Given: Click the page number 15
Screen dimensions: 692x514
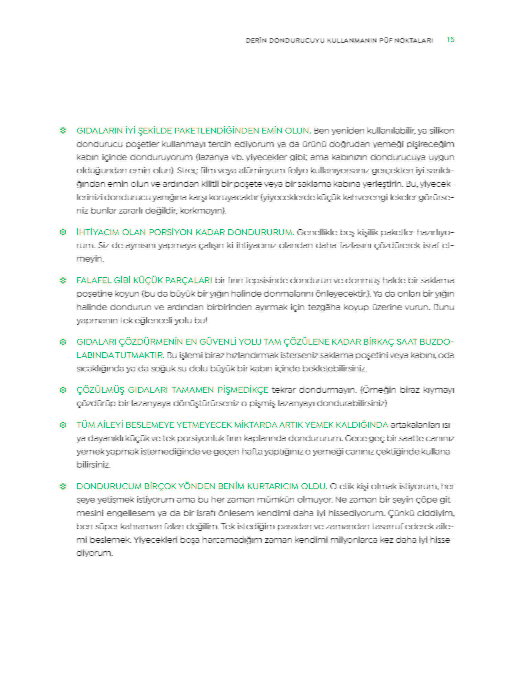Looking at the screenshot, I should click(x=450, y=39).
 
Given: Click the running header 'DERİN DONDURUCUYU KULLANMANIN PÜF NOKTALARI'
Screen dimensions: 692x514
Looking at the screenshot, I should click(x=339, y=41).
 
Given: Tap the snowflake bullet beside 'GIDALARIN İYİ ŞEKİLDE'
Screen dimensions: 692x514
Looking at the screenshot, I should click(x=63, y=131).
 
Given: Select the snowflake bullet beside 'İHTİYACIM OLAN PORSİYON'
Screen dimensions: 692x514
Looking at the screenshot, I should click(x=63, y=232).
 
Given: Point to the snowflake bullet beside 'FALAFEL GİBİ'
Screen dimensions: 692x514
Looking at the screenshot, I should click(x=63, y=280).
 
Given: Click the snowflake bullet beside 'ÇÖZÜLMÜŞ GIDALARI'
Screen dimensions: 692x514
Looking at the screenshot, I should click(x=63, y=390).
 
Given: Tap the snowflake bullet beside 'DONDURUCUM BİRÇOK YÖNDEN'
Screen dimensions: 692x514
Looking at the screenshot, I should click(x=63, y=486).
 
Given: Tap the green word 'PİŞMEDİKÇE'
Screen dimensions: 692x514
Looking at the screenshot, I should click(x=243, y=390).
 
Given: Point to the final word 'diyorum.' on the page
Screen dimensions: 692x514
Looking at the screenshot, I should click(x=94, y=553).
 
